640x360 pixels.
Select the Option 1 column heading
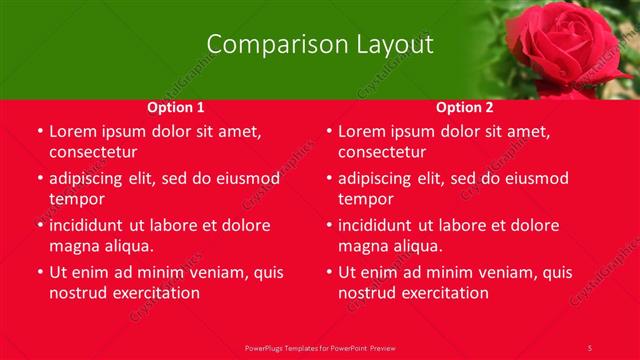click(176, 107)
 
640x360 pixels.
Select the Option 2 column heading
click(465, 107)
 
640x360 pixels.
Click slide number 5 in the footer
click(590, 347)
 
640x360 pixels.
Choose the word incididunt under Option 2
click(383, 225)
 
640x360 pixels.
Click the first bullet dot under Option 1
click(40, 132)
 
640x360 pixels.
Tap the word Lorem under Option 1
click(71, 131)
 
